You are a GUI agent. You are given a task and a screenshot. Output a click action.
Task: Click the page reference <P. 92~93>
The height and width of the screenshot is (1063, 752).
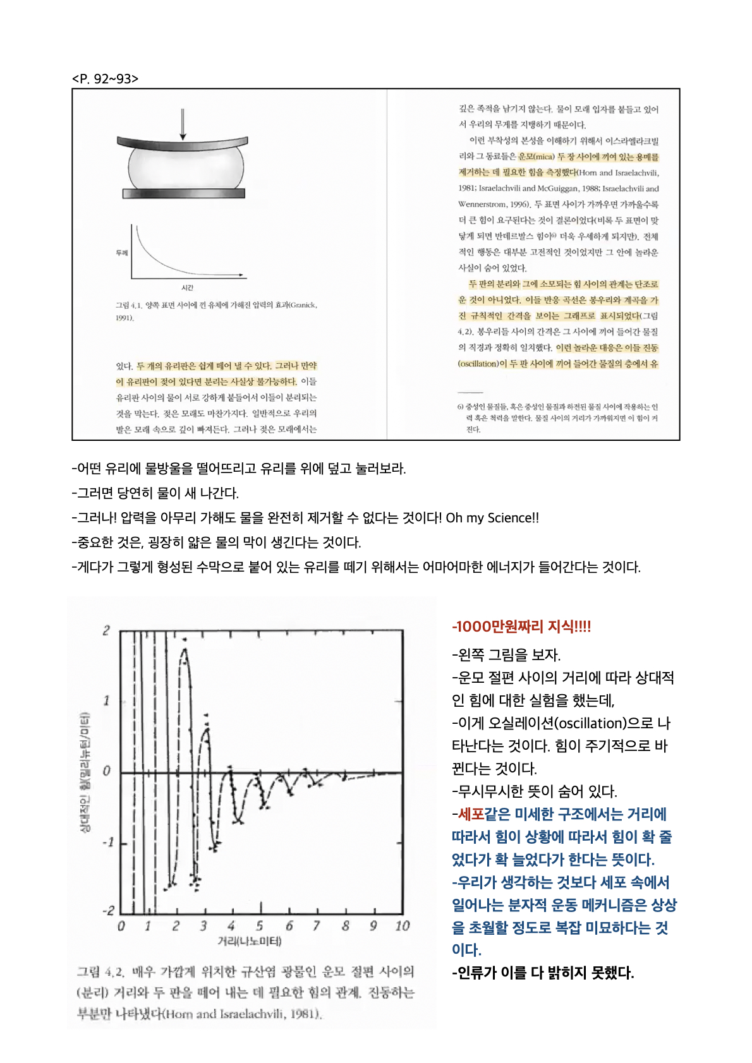105,79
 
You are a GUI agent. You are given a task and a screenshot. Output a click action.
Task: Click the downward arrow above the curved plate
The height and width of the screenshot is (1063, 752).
183,124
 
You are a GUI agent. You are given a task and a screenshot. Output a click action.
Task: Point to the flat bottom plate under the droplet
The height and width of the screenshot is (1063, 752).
184,193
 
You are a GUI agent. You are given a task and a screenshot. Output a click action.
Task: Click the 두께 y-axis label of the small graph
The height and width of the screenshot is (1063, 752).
121,253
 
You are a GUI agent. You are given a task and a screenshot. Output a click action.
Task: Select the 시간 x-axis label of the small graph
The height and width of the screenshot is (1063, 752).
187,287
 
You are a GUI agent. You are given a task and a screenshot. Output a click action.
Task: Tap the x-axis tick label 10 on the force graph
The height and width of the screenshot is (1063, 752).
402,926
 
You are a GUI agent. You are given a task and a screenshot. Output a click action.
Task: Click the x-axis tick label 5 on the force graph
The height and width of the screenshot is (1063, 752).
260,926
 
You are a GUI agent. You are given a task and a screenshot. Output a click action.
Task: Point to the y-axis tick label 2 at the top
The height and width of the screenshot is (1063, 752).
106,630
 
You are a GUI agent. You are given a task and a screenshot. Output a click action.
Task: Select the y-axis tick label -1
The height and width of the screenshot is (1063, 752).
107,842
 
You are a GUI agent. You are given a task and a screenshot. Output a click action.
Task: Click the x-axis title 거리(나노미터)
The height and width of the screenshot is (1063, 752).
249,942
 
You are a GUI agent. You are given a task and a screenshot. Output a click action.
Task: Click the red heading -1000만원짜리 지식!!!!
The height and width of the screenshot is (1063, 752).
521,627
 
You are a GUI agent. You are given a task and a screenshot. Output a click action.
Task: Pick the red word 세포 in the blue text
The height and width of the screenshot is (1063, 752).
471,814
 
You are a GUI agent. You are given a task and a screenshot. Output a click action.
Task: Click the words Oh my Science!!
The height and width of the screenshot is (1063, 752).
492,518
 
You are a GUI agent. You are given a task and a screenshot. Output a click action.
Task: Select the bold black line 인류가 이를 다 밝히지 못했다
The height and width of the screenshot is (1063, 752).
543,973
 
